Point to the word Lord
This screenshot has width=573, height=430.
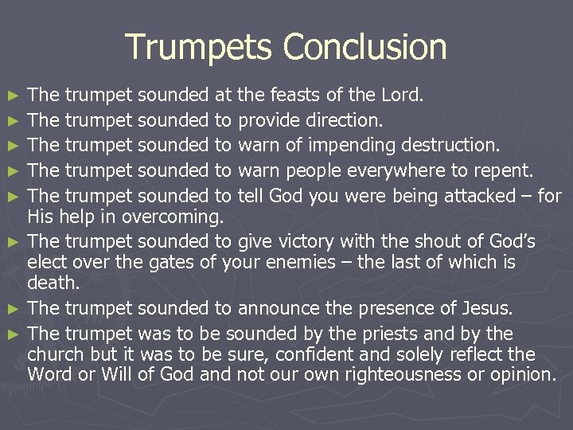[x=405, y=96]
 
